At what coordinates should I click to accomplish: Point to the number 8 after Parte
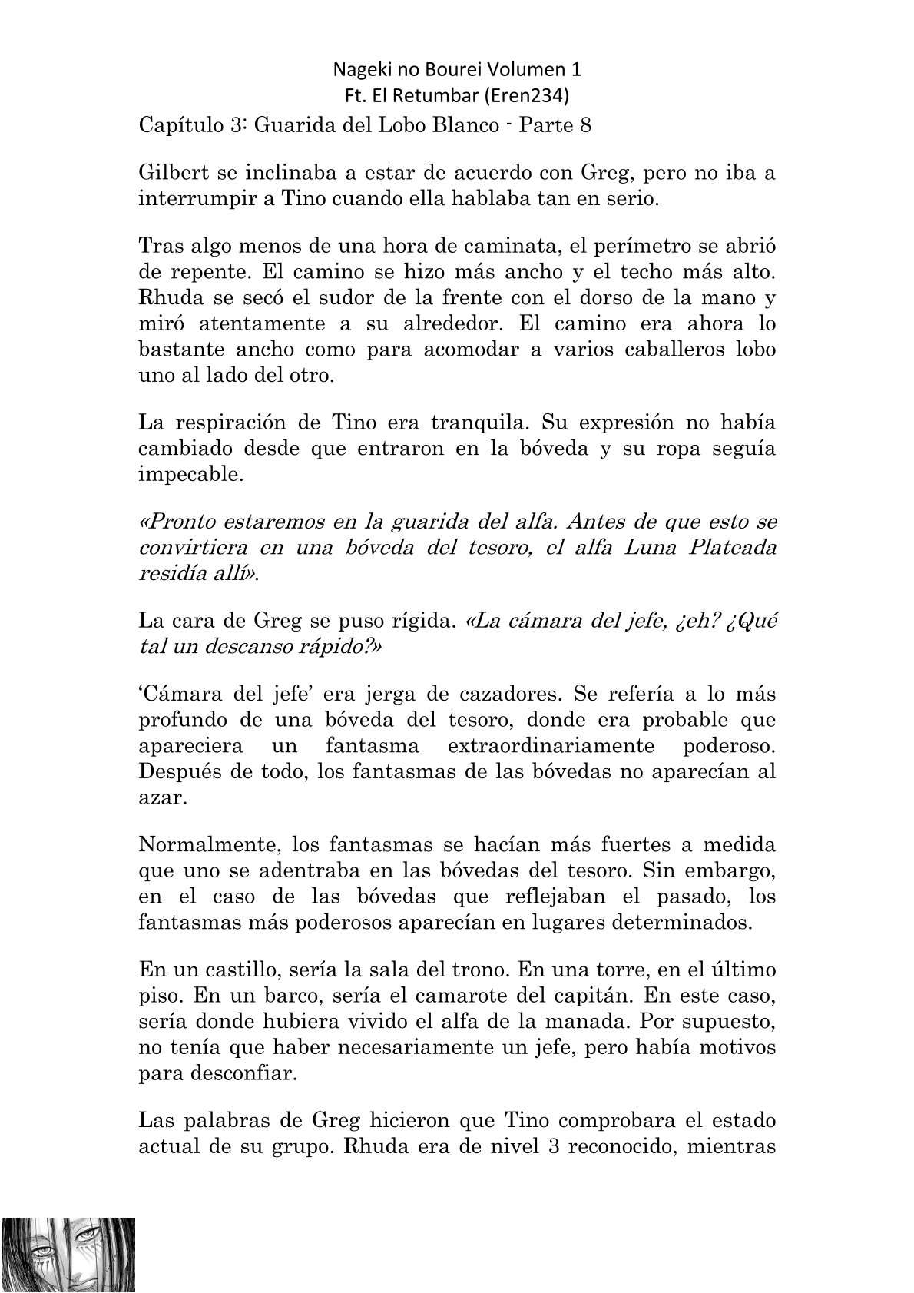click(x=585, y=125)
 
